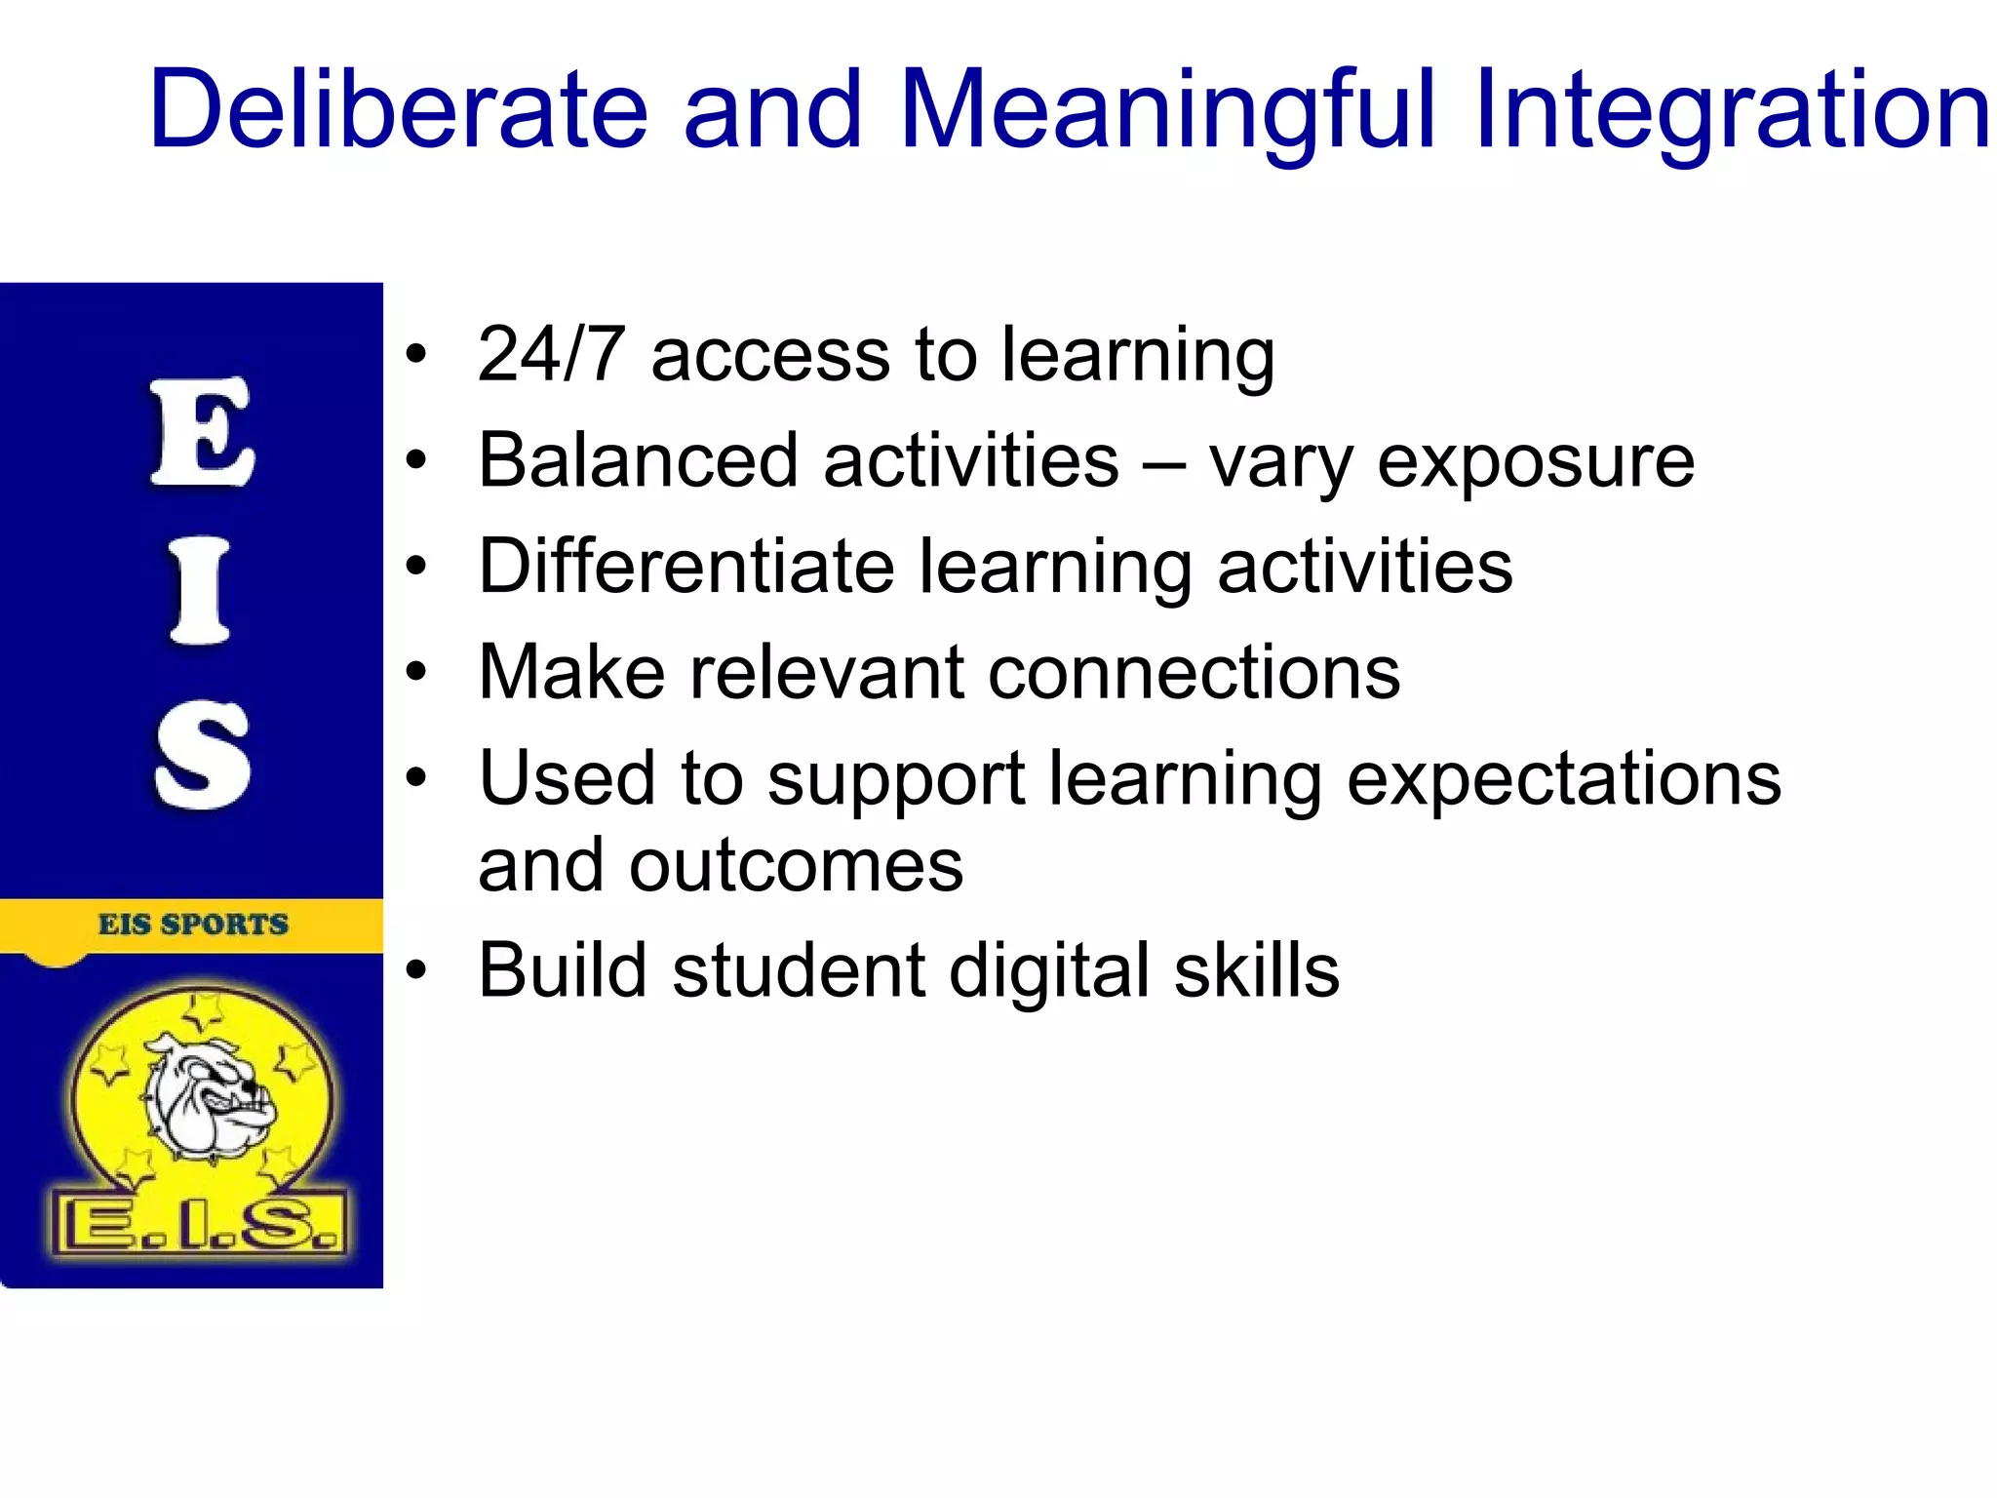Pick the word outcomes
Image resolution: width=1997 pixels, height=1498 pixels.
click(x=796, y=866)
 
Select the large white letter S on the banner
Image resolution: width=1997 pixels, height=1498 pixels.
click(x=202, y=757)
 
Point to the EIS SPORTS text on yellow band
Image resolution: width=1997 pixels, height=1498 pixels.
click(x=193, y=924)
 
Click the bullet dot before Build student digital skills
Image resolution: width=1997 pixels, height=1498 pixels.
click(x=417, y=970)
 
